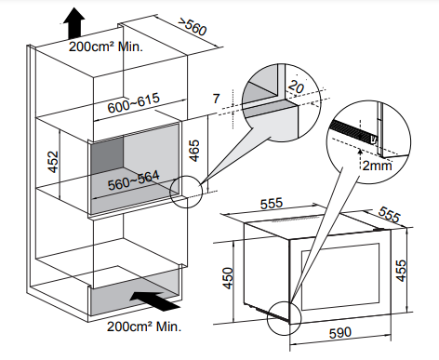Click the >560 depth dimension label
coord(193,27)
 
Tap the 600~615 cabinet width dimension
coord(134,102)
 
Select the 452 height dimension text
coord(53,162)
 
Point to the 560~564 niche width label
coord(134,180)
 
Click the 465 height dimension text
coord(194,151)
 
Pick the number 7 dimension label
coord(217,99)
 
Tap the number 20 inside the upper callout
coord(296,87)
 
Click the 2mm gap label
coord(377,166)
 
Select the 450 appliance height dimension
coord(228,278)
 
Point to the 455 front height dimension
coord(401,271)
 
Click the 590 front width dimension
coord(340,333)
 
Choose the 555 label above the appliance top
coord(272,204)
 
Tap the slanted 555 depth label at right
coord(389,215)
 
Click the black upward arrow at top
coord(74,23)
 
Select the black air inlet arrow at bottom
coord(154,301)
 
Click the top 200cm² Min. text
coord(106,47)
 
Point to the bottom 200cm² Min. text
coord(144,327)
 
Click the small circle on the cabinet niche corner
coord(186,192)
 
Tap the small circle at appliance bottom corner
coord(284,318)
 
